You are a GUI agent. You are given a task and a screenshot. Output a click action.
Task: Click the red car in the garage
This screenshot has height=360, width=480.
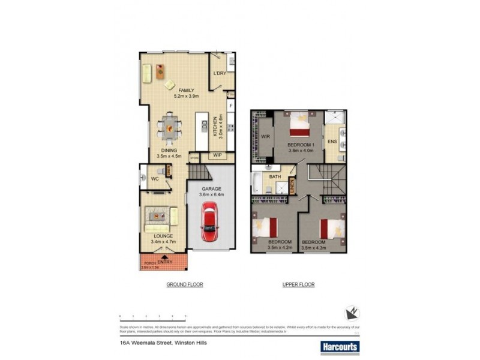209,221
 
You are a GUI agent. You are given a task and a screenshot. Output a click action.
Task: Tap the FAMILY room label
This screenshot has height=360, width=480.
186,90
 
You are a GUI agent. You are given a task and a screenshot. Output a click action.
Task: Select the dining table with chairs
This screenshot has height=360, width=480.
170,127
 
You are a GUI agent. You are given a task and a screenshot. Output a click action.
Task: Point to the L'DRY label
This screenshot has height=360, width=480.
219,74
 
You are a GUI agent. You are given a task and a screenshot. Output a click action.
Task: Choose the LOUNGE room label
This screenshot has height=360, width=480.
163,236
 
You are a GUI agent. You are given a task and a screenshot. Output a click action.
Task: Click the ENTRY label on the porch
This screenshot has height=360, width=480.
164,262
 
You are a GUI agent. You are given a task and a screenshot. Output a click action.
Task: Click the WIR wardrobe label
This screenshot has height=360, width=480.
266,136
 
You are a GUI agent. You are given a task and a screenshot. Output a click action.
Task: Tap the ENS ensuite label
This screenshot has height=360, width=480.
332,142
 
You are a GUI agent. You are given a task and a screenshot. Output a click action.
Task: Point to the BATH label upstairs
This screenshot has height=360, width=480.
275,177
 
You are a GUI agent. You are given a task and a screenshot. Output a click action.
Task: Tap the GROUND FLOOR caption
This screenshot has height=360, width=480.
185,284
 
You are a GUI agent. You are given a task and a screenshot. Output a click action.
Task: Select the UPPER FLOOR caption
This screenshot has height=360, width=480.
298,284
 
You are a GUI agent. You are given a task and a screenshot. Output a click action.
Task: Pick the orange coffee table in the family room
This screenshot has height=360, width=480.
160,71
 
